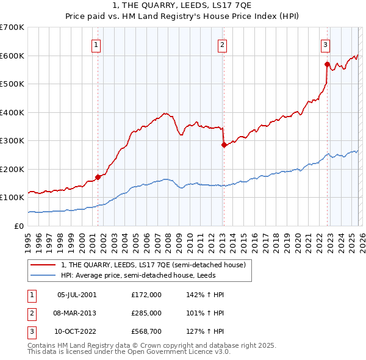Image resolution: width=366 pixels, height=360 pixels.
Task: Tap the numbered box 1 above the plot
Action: point(97,44)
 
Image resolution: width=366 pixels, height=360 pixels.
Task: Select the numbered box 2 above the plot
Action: point(223,44)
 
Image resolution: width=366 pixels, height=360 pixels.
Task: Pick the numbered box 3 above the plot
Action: point(326,44)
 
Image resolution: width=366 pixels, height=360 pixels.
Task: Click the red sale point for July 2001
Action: point(98,177)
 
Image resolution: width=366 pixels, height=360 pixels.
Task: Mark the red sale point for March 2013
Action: point(223,145)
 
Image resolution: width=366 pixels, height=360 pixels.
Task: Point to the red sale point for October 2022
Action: point(328,63)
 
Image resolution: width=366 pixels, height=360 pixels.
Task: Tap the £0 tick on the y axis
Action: point(20,226)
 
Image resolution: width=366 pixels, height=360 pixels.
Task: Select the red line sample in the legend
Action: point(43,265)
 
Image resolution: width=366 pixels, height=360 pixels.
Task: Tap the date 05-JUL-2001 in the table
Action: point(77,295)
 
